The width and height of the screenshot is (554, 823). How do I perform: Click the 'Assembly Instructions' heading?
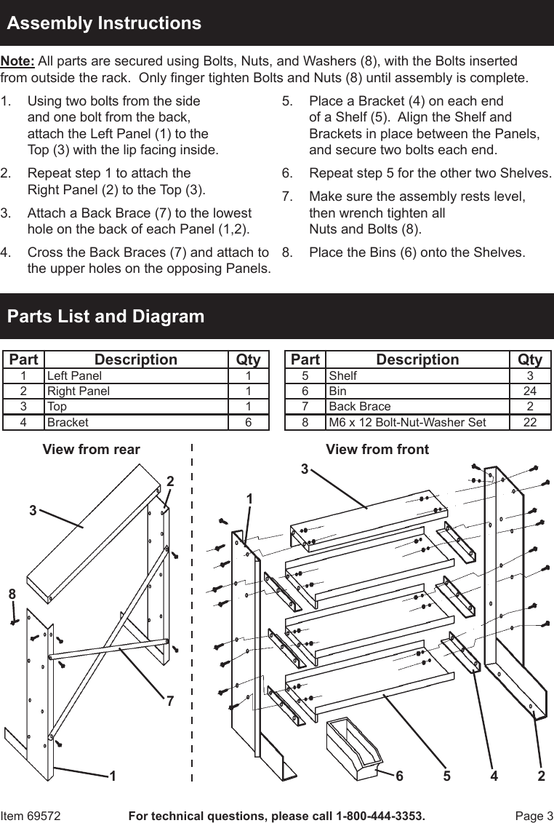point(104,23)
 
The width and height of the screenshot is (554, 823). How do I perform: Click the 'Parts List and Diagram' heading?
point(105,317)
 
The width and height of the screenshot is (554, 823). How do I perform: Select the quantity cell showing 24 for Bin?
point(530,391)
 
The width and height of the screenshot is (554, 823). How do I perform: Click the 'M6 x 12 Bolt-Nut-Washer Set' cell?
point(407,422)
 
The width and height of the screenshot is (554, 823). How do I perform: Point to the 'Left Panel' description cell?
point(74,376)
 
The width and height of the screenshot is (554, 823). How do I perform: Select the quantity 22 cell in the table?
point(530,422)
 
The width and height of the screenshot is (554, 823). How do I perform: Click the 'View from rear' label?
point(92,450)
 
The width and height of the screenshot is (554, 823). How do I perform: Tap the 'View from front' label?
point(377,450)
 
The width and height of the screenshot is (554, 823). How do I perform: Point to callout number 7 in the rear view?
point(169,701)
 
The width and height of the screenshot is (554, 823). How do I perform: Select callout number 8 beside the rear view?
point(12,595)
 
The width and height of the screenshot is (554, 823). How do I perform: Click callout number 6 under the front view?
point(399,776)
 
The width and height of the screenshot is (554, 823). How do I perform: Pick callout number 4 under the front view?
point(494,776)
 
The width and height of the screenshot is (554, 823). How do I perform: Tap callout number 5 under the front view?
point(447,776)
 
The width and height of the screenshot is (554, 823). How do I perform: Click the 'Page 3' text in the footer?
point(534,816)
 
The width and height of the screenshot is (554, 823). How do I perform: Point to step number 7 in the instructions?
point(287,196)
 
